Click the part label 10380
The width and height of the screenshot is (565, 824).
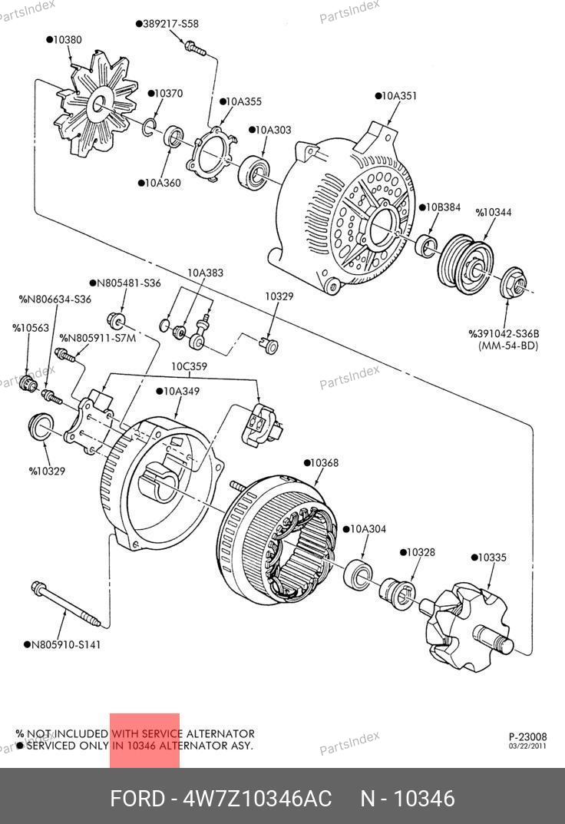click(64, 39)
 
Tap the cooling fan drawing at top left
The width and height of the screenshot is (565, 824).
click(95, 105)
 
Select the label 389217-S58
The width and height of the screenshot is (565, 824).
click(167, 24)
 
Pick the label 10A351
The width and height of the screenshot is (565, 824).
click(396, 96)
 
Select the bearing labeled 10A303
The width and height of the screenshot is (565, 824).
click(254, 172)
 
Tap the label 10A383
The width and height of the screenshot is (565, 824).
click(205, 273)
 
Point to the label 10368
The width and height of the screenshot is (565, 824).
click(322, 462)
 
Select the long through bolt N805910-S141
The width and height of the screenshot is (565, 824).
click(66, 604)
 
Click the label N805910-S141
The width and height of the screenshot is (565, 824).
click(62, 644)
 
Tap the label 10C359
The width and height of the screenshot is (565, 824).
click(189, 366)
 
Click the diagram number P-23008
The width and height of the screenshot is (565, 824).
click(527, 736)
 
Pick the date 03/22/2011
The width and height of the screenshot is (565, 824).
click(527, 746)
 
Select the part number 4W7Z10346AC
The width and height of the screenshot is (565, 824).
click(257, 799)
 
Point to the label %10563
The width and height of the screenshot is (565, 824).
click(31, 327)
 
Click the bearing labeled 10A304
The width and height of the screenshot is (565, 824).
click(358, 574)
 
